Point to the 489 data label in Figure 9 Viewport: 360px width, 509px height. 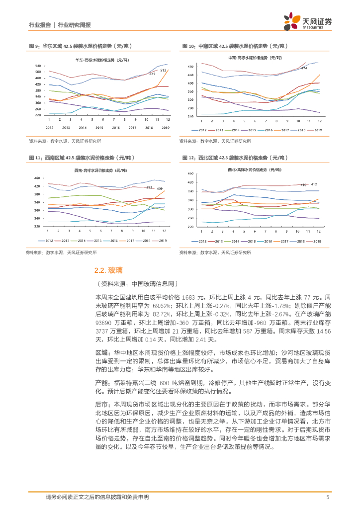coord(152,74)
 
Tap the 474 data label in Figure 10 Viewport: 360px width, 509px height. coord(304,68)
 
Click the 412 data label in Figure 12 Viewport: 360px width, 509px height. coord(314,184)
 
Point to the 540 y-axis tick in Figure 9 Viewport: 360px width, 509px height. coord(38,66)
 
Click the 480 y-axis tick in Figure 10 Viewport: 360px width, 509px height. coord(190,66)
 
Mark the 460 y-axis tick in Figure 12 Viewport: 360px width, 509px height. coord(189,174)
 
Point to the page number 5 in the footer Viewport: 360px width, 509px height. coord(328,497)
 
